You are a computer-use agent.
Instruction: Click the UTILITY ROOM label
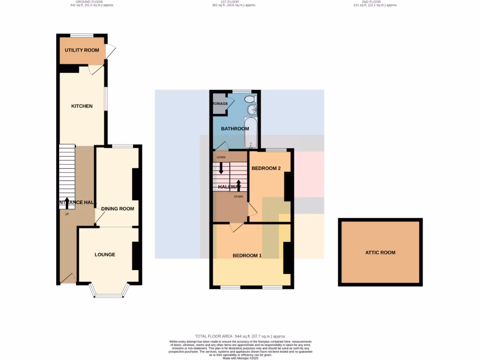[x=82, y=50]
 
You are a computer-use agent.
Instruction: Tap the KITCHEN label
[x=82, y=106]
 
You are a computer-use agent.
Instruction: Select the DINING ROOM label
[x=118, y=209]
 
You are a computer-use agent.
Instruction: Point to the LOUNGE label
[x=105, y=255]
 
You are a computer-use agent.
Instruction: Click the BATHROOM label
[x=235, y=129]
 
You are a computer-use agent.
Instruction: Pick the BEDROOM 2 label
[x=266, y=168]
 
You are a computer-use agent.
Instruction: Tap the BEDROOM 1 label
[x=247, y=256]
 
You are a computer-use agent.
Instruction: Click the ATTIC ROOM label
[x=380, y=253]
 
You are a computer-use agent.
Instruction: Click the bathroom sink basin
[x=252, y=110]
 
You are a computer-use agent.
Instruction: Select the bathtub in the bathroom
[x=251, y=133]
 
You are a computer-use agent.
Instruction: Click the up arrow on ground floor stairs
[x=67, y=202]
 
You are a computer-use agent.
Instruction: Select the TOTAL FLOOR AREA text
[x=240, y=337]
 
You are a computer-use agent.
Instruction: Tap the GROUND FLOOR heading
[x=92, y=2]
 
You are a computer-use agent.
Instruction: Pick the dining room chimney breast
[x=136, y=184]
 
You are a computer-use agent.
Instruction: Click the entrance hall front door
[x=68, y=279]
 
